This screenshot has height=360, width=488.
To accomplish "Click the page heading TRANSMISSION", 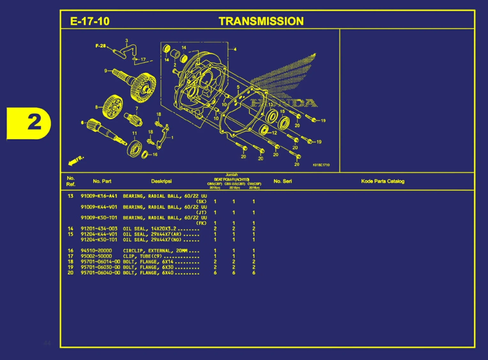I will point(261,21).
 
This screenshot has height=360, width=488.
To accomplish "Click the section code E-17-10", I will point(90,21).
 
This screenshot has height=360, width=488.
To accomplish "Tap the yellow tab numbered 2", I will point(29,123).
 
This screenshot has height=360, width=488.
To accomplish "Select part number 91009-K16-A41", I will point(99,196).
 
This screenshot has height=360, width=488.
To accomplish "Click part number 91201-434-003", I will point(99,229).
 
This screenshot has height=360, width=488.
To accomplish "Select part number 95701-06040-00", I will point(100,273).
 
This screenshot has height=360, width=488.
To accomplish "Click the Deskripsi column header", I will point(161,181).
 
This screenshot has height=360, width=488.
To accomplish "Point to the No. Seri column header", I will point(283,181).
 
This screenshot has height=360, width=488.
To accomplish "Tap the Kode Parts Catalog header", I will point(383,181).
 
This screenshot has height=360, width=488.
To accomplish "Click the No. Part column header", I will point(102,181).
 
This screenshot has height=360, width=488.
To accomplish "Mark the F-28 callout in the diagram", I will point(100,46).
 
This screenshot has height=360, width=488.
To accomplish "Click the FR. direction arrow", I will point(76,160).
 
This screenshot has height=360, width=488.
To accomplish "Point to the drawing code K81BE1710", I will point(321,165).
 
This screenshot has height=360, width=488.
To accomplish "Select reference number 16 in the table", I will point(71,251).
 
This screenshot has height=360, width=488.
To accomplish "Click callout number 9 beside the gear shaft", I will point(106,71).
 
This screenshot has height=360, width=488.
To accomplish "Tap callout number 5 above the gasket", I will point(238,87).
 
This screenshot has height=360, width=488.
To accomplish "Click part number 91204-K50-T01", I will point(99,240).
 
